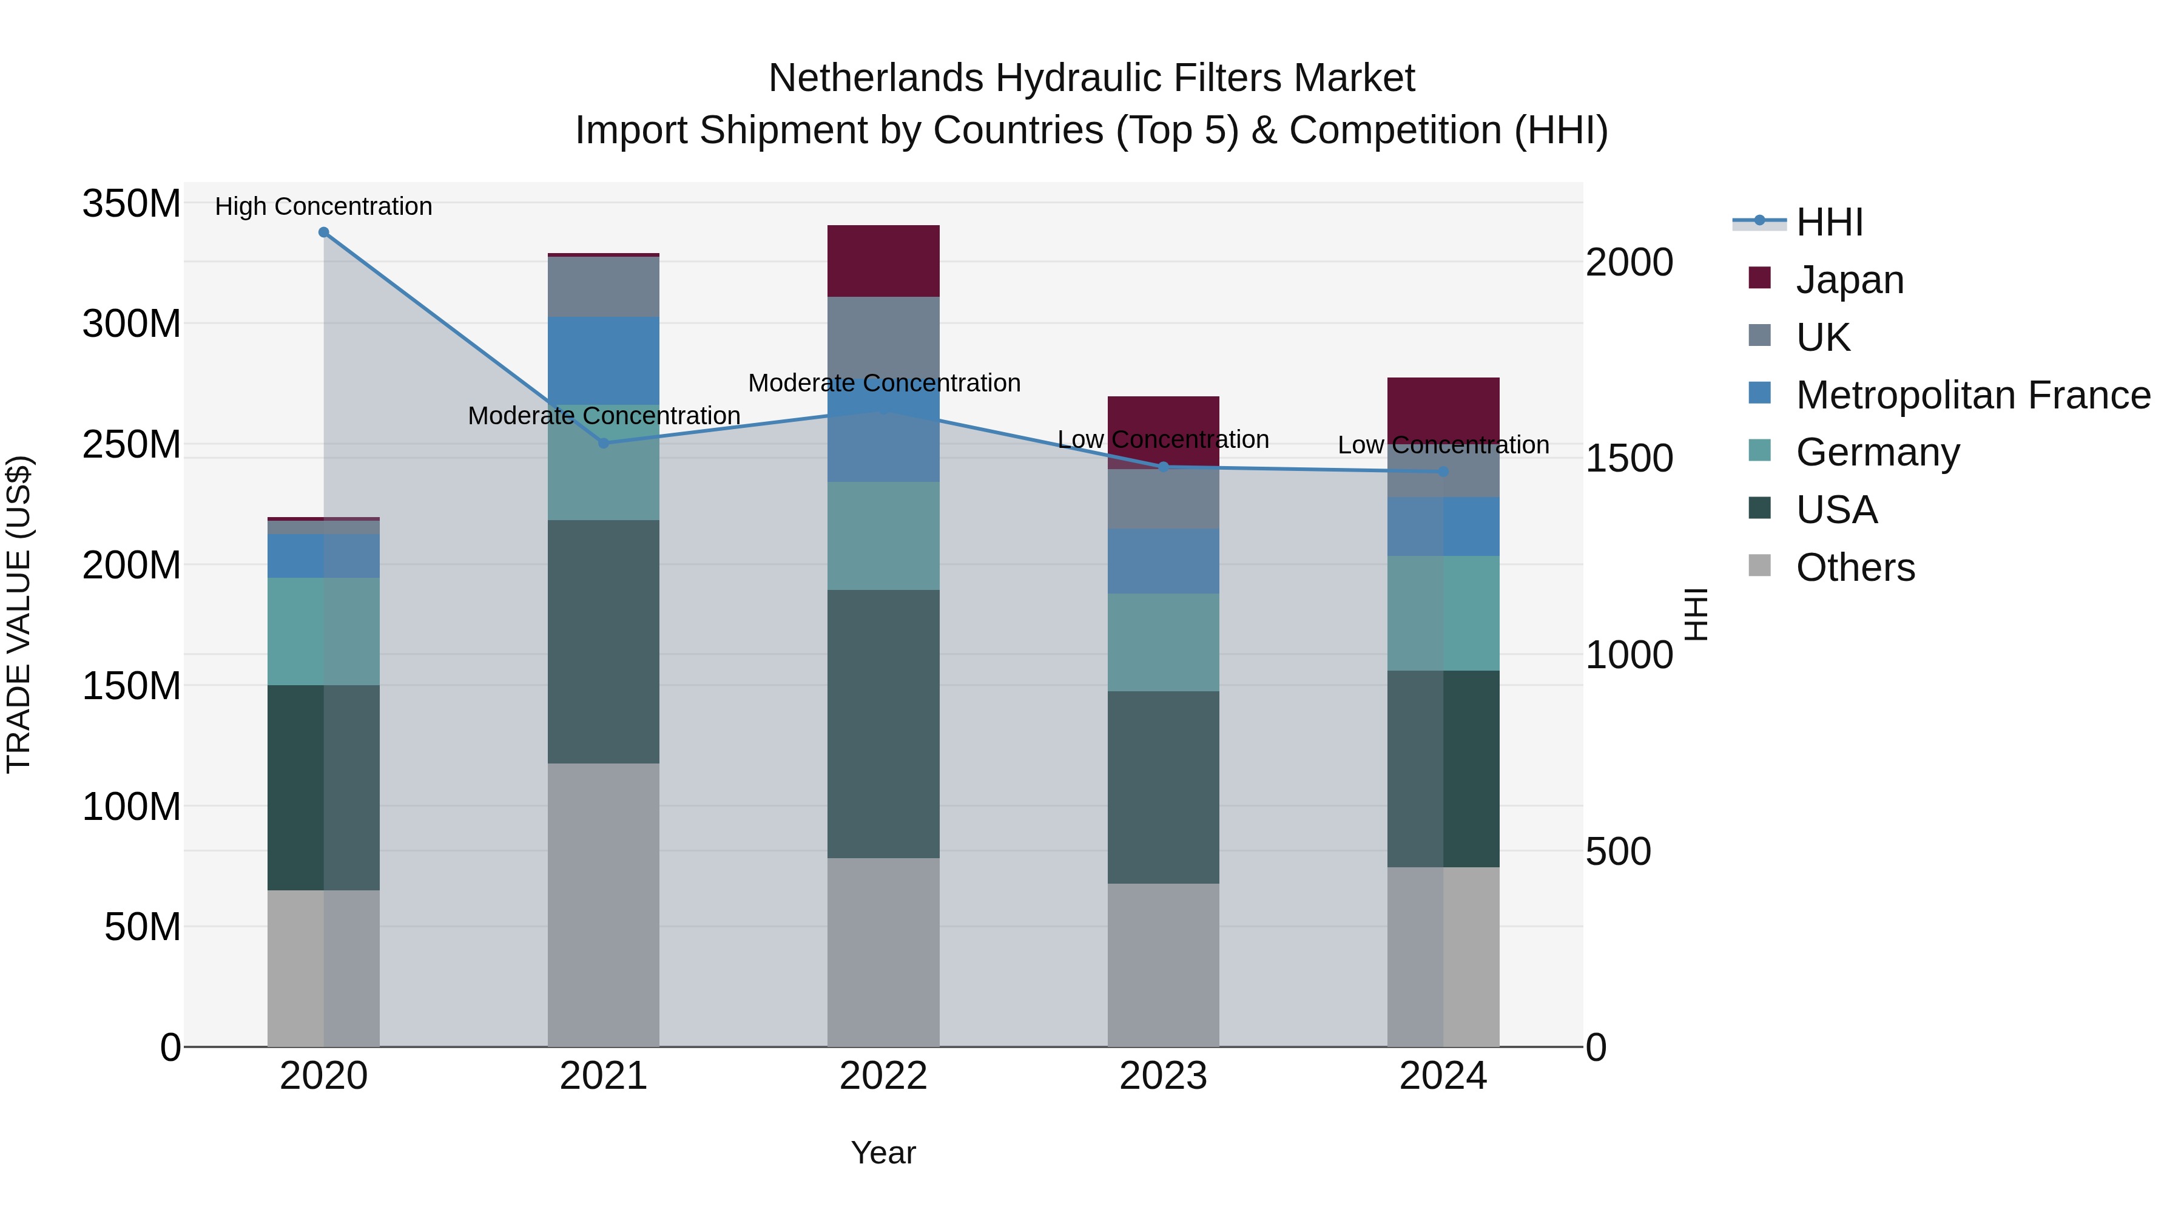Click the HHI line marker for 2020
[324, 232]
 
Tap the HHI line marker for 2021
[604, 443]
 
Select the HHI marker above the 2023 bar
[1163, 467]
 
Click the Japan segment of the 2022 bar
[883, 261]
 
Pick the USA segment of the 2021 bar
[604, 642]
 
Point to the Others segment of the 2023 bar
[1163, 965]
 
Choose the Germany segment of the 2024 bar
[1443, 613]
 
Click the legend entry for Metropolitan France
[1972, 395]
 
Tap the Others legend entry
[1855, 567]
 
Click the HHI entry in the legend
[1830, 222]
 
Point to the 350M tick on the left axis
[132, 205]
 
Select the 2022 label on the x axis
[883, 1076]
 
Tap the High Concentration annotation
[324, 207]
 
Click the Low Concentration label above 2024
[1443, 445]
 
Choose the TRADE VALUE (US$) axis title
[19, 614]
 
